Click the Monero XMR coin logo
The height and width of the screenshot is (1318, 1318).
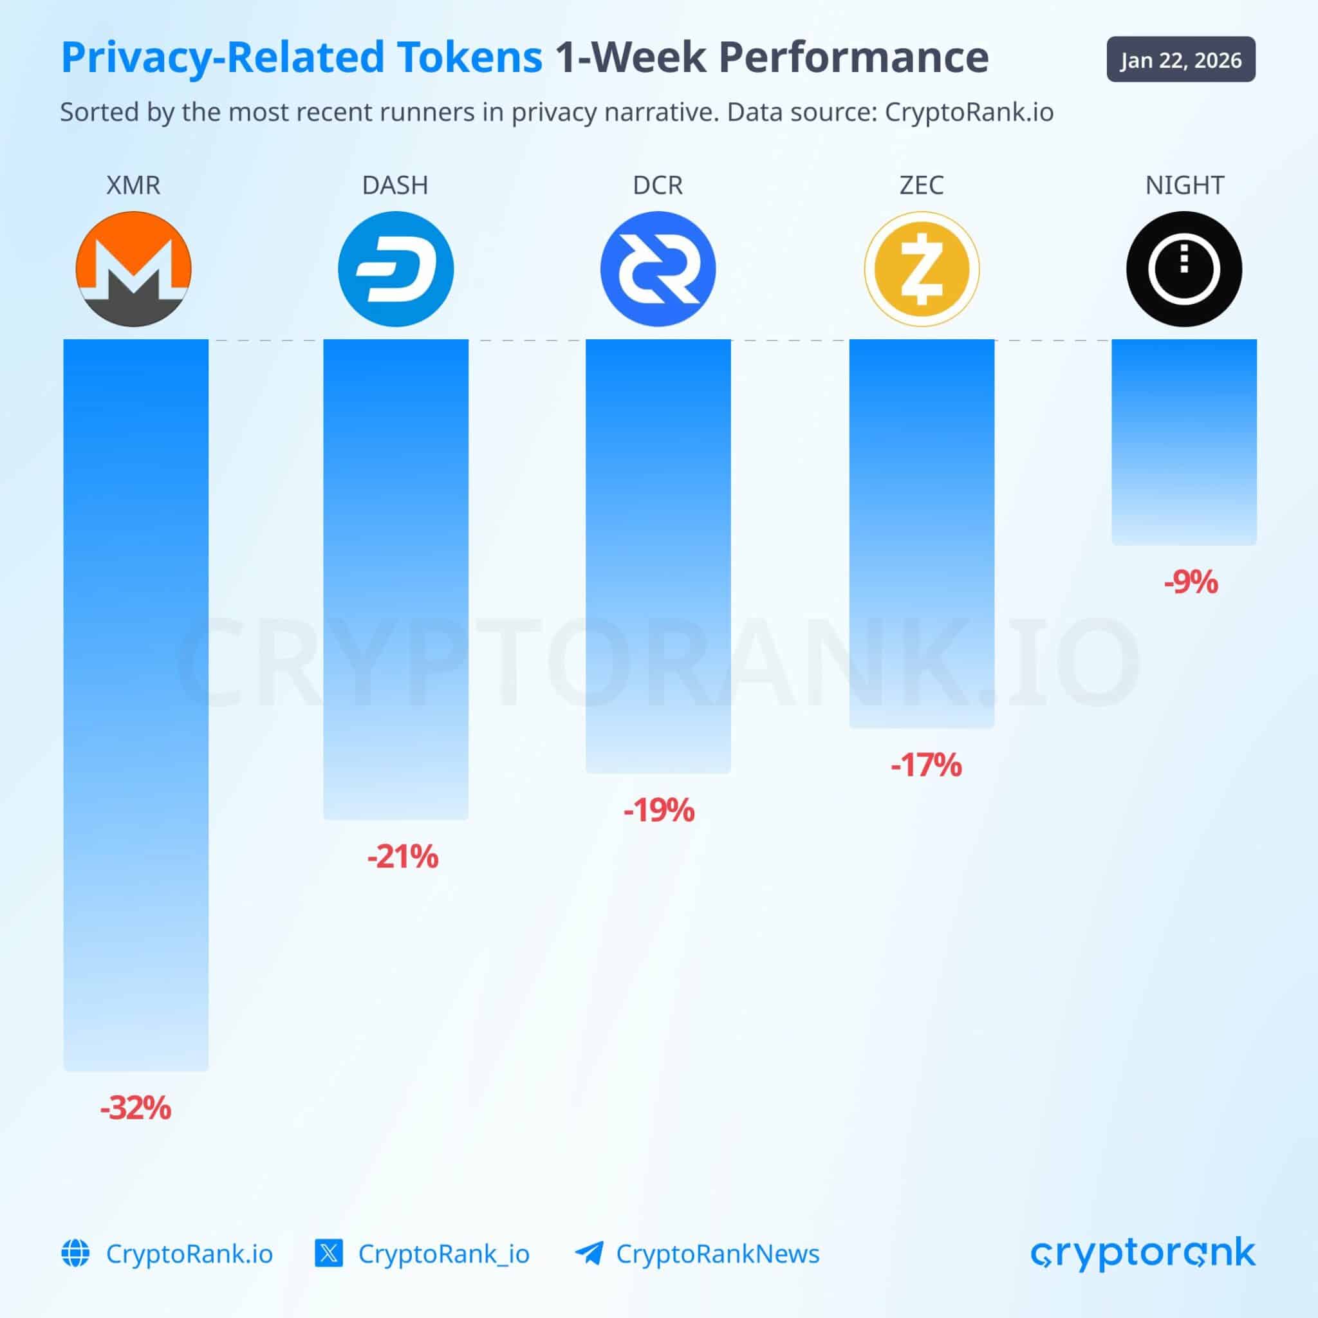tap(134, 269)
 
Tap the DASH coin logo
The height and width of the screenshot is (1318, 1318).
tap(396, 269)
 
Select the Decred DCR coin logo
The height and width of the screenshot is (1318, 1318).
tap(658, 269)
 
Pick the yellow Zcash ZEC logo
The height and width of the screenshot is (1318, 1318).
tap(922, 269)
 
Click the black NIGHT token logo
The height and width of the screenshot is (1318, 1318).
tap(1184, 269)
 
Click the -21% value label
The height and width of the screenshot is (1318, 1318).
tap(402, 857)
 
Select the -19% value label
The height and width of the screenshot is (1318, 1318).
tap(659, 810)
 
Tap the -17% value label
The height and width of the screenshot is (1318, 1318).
tap(925, 765)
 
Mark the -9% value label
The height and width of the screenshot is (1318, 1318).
tap(1191, 582)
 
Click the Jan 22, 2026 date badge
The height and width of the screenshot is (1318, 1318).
tap(1181, 60)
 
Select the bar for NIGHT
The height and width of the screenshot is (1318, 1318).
tap(1183, 442)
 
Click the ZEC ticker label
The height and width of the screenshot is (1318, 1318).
tap(922, 185)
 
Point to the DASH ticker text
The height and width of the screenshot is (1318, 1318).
tap(395, 185)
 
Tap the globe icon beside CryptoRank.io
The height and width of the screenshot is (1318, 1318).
tap(75, 1254)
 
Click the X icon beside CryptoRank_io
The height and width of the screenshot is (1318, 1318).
tap(328, 1254)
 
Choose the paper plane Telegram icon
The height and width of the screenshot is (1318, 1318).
tap(589, 1254)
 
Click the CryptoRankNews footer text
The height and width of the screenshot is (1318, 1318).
tap(717, 1254)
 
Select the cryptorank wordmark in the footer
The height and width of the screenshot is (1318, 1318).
tap(1143, 1254)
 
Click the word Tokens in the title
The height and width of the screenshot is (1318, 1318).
tap(470, 57)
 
